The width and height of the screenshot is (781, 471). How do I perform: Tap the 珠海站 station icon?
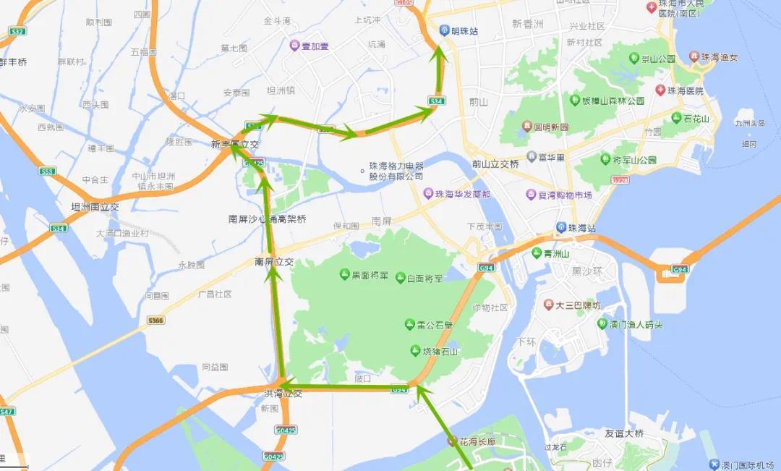coord(561,228)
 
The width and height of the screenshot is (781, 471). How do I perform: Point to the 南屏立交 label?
coord(274,261)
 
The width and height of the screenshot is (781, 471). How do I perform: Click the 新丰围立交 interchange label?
coord(235,145)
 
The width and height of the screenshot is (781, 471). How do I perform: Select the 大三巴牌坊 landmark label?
coord(578,305)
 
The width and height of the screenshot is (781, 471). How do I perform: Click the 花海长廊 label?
coord(478,441)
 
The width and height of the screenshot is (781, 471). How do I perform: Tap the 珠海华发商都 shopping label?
coord(463,194)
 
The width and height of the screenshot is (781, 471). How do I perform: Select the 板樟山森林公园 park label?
coord(614,101)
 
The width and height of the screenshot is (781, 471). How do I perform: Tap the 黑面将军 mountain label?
coord(370,275)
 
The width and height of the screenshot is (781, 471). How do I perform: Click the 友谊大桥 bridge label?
coord(624,433)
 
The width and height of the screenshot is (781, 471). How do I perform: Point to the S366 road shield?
coord(155,320)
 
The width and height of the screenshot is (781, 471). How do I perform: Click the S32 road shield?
coord(17,32)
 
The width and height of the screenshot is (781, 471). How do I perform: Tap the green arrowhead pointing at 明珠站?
coord(438,51)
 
